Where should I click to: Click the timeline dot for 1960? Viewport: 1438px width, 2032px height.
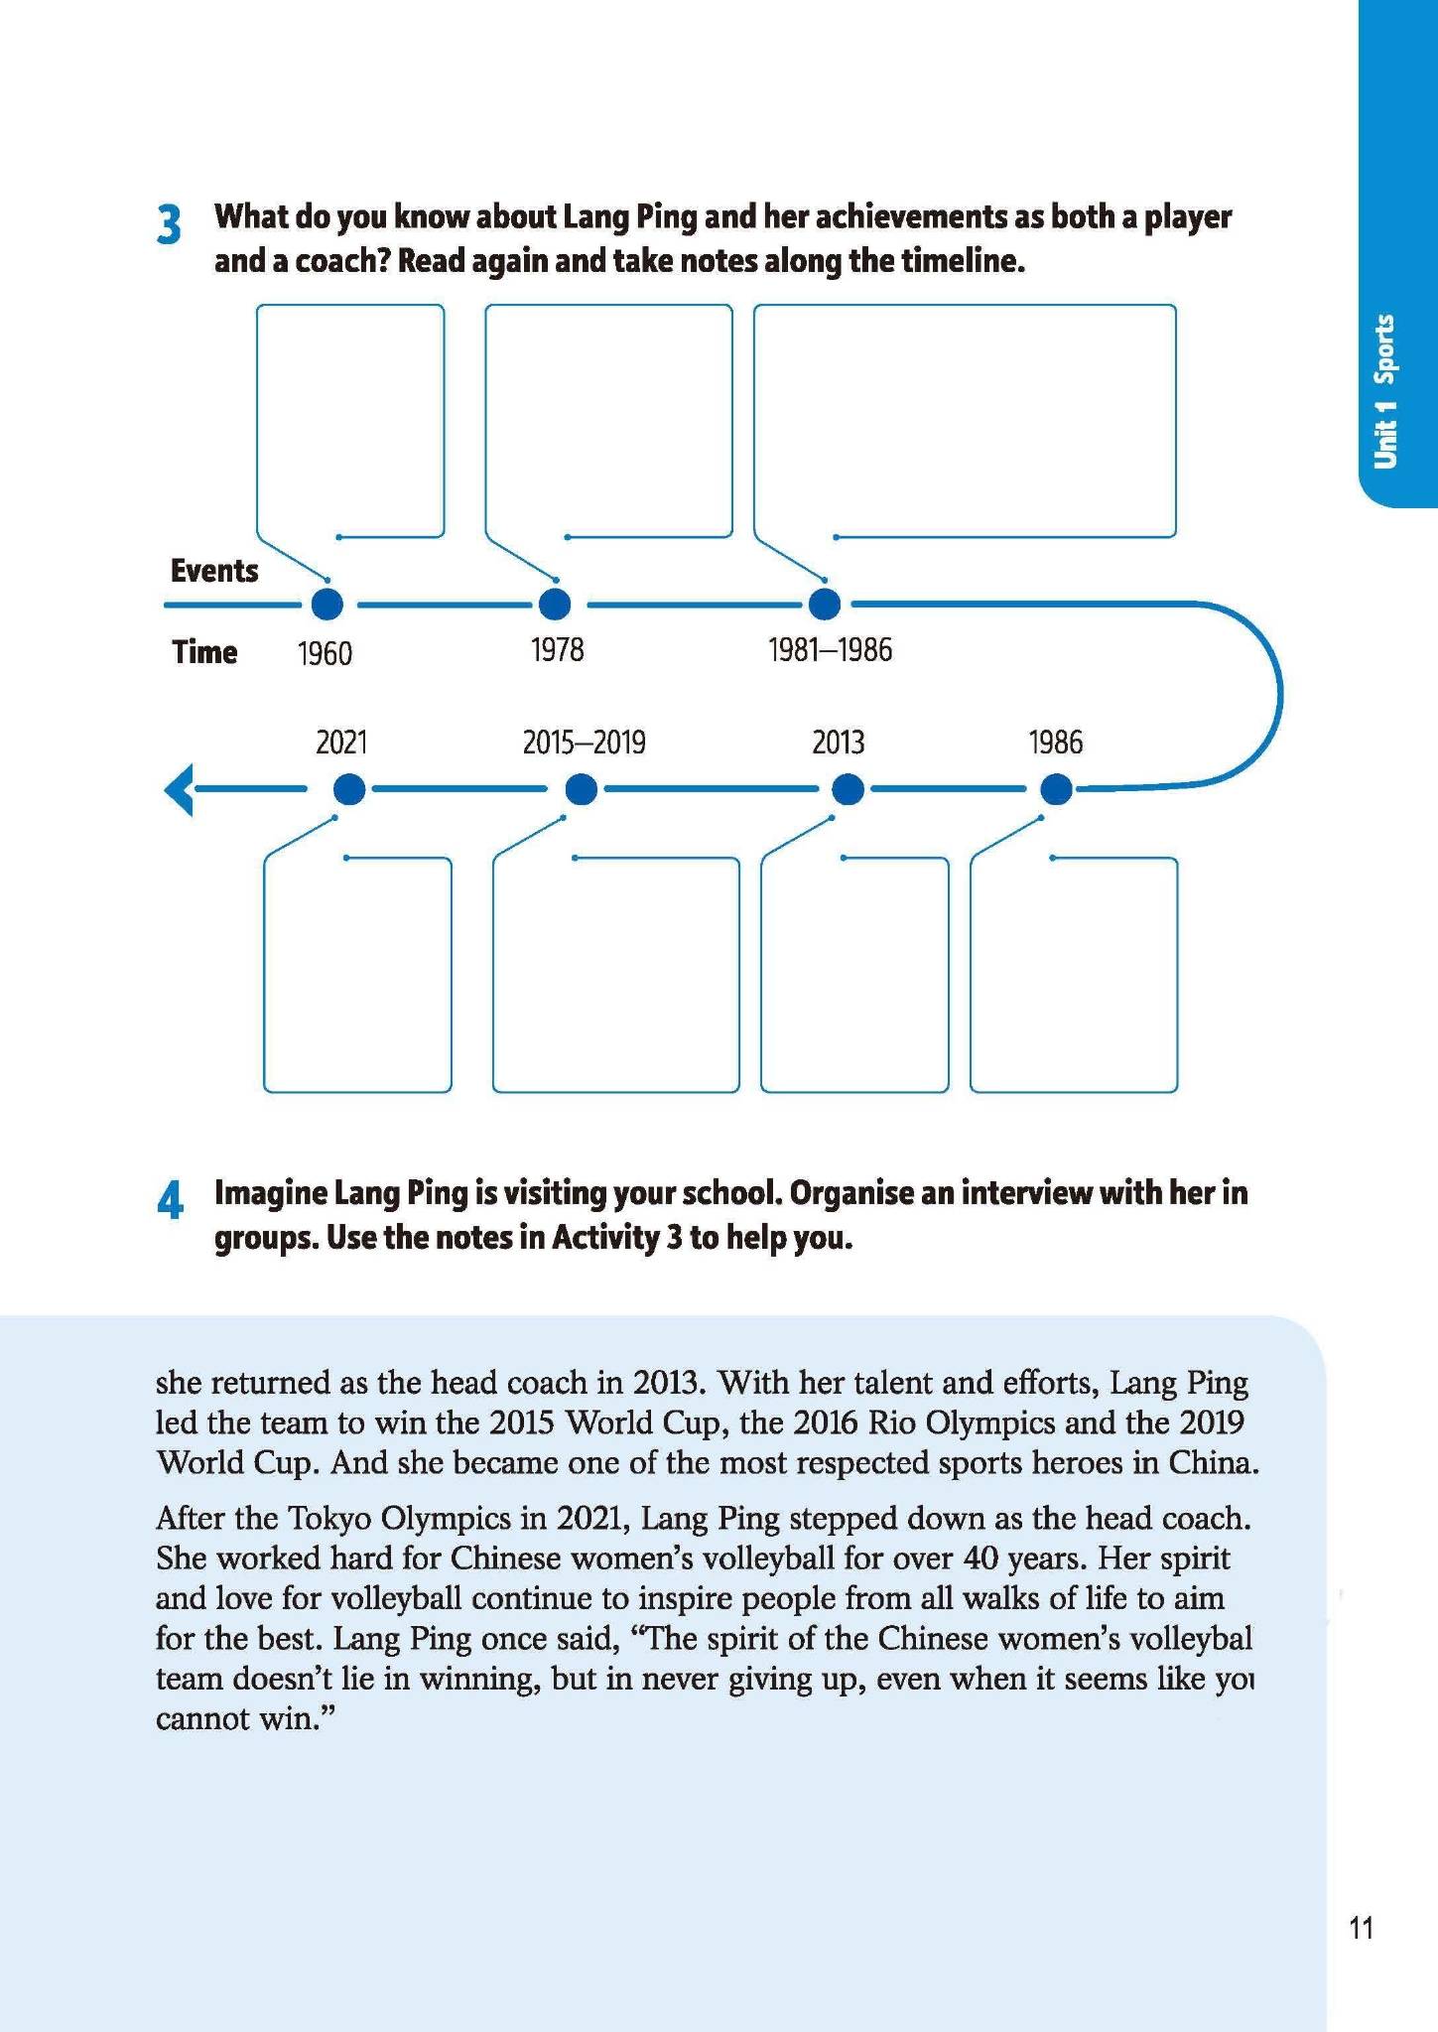pyautogui.click(x=327, y=604)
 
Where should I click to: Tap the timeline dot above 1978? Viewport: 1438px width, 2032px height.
pyautogui.click(x=555, y=604)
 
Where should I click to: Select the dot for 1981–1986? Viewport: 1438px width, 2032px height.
pyautogui.click(x=824, y=604)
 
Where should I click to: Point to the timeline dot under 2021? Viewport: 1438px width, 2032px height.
pyautogui.click(x=348, y=790)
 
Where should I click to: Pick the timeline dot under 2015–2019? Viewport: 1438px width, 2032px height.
pyautogui.click(x=582, y=790)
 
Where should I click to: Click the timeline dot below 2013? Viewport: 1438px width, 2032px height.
pyautogui.click(x=847, y=790)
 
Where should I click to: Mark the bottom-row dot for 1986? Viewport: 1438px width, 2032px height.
pyautogui.click(x=1057, y=790)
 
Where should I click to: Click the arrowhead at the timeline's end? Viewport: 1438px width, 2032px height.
pyautogui.click(x=179, y=791)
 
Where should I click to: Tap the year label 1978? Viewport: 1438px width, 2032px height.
pyautogui.click(x=557, y=650)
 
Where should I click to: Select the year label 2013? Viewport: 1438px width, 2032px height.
pyautogui.click(x=838, y=743)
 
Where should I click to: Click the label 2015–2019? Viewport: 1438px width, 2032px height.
pyautogui.click(x=584, y=743)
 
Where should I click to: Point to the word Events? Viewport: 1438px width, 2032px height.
pyautogui.click(x=214, y=571)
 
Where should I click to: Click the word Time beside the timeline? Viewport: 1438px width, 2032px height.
pyautogui.click(x=204, y=652)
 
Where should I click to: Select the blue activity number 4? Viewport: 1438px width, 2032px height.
pyautogui.click(x=170, y=1202)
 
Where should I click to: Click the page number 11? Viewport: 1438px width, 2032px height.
pyautogui.click(x=1361, y=1928)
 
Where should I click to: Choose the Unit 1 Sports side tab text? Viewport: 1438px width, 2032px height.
pyautogui.click(x=1384, y=391)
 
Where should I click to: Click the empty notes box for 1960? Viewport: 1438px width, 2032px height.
pyautogui.click(x=350, y=417)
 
